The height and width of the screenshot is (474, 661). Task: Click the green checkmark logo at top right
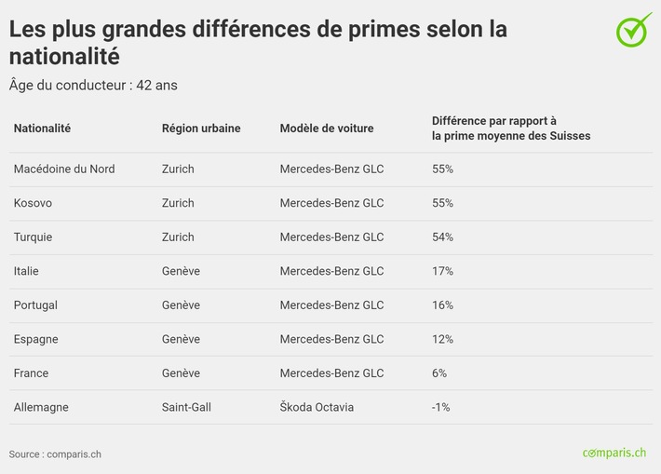(x=633, y=31)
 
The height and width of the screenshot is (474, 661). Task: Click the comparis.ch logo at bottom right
(x=614, y=453)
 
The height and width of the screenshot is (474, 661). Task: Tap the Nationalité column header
(x=42, y=129)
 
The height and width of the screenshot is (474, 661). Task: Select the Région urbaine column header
(x=201, y=129)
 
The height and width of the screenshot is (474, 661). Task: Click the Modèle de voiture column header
(x=327, y=129)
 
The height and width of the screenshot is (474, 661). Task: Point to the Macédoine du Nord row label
(x=64, y=169)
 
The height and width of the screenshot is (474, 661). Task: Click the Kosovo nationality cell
(x=33, y=203)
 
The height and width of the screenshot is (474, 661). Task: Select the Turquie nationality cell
(x=33, y=237)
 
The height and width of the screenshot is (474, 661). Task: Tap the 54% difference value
(x=442, y=237)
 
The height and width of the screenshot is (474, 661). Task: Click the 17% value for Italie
(x=442, y=271)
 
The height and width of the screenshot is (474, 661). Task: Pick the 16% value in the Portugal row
(x=442, y=305)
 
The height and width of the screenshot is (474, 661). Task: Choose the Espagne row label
(x=35, y=339)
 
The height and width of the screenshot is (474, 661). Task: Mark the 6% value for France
(x=439, y=373)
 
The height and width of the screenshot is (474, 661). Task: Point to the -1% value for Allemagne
(x=441, y=407)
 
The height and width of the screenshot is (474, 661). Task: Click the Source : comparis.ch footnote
(x=55, y=454)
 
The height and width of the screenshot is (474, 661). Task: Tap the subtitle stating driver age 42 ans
(x=93, y=86)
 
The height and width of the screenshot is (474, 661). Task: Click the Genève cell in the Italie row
(x=181, y=271)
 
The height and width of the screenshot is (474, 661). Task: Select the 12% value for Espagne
(x=442, y=339)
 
